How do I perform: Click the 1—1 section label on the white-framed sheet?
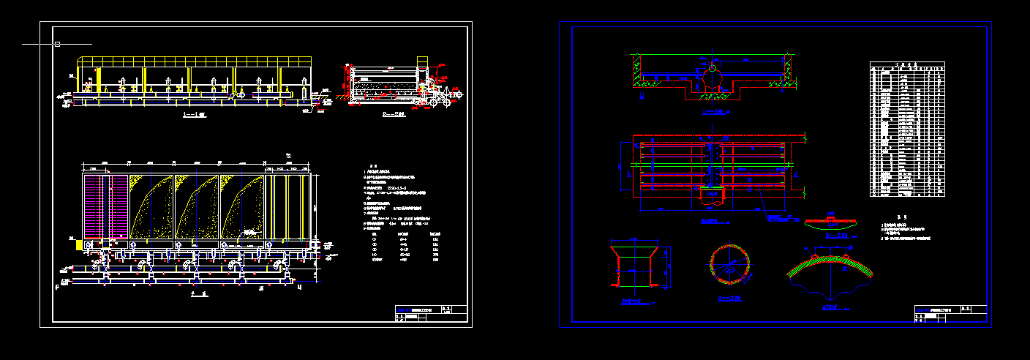click(194, 116)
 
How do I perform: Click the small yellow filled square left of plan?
click(78, 246)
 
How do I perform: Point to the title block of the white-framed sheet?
click(430, 312)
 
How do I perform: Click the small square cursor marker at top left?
click(57, 45)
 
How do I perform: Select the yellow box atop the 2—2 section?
click(422, 61)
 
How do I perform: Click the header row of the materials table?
click(906, 65)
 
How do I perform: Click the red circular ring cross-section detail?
click(729, 263)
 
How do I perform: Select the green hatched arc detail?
click(830, 267)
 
